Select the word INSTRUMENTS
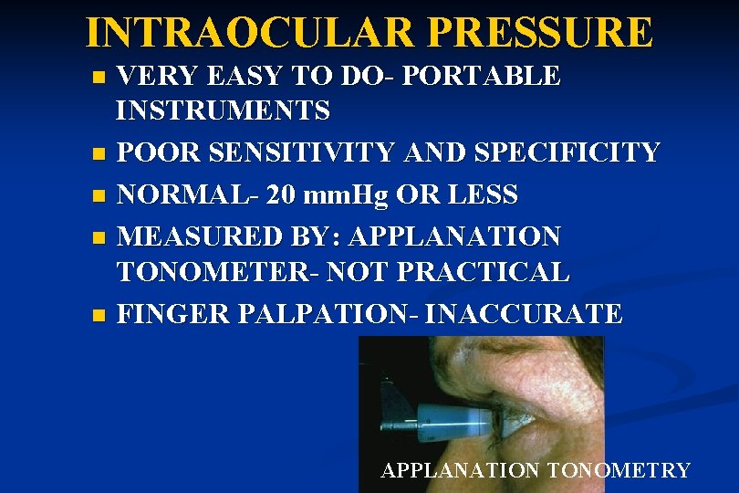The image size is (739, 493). click(224, 111)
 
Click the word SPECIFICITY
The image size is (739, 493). click(567, 152)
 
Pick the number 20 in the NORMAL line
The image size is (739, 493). click(275, 194)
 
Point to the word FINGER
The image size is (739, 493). click(173, 314)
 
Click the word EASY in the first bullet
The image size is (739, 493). click(249, 77)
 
